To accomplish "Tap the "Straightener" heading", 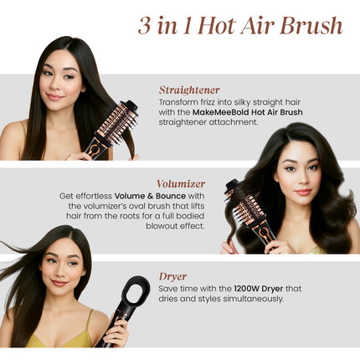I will click(x=189, y=89).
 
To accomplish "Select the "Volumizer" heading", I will click(x=181, y=183).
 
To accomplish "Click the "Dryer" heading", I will click(x=172, y=275).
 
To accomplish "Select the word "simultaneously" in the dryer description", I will click(x=246, y=298).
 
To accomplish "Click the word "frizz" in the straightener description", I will click(x=207, y=101).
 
